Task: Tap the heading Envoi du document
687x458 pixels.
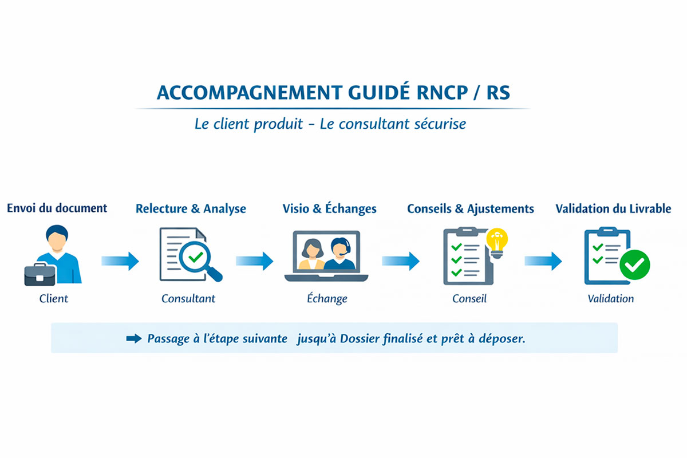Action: click(x=57, y=207)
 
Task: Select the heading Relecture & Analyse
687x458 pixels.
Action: click(x=191, y=208)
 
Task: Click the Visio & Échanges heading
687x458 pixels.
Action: click(x=330, y=208)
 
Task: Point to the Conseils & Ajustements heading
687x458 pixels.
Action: click(x=471, y=208)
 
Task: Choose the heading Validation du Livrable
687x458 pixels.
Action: click(x=613, y=208)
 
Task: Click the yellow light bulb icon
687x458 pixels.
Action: click(x=496, y=240)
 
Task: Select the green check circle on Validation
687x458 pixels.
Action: click(x=635, y=265)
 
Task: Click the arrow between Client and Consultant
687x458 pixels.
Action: click(x=120, y=261)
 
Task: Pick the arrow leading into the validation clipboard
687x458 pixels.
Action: click(x=543, y=261)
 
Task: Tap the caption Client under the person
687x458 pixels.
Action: click(x=54, y=298)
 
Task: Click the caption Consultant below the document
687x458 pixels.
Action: click(x=188, y=298)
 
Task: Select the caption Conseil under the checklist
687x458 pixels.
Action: click(x=469, y=298)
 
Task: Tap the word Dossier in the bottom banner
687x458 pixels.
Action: click(x=359, y=338)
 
